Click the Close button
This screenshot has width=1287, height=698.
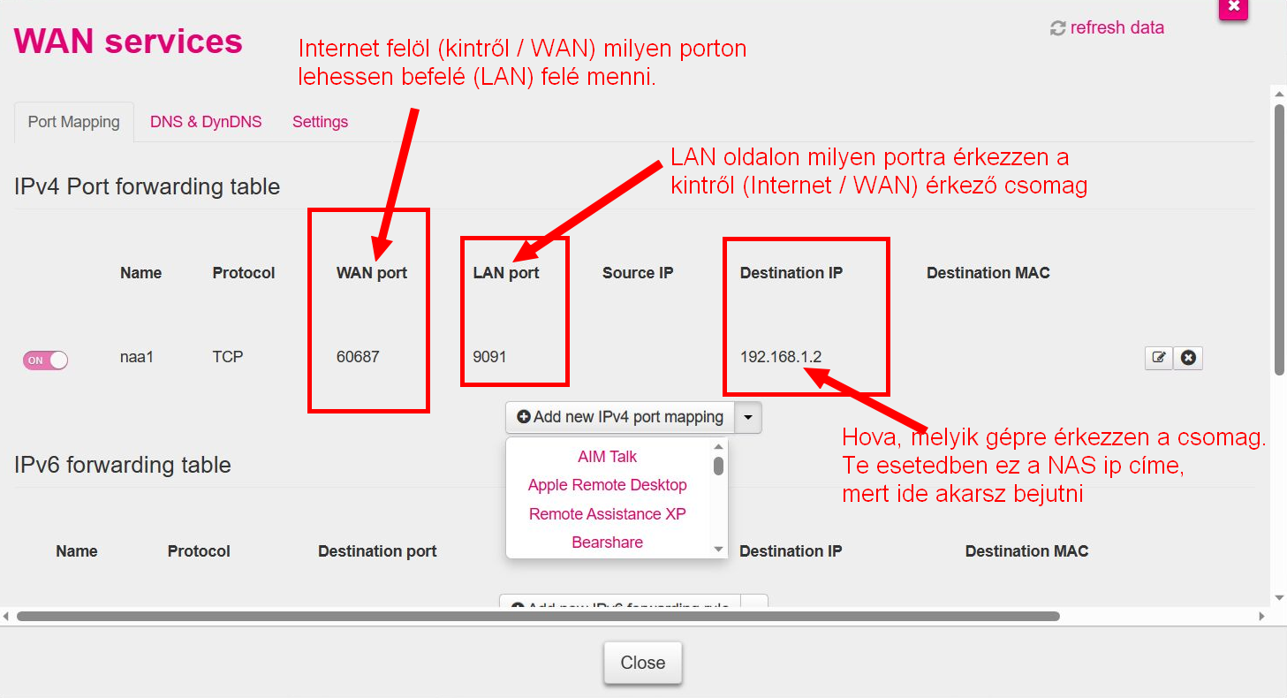pyautogui.click(x=642, y=663)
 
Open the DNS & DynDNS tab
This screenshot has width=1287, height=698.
pyautogui.click(x=206, y=122)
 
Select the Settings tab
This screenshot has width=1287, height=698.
pyautogui.click(x=320, y=122)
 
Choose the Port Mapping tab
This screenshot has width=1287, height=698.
pyautogui.click(x=73, y=122)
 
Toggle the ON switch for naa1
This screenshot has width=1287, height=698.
pyautogui.click(x=46, y=360)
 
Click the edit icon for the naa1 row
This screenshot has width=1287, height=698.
pyautogui.click(x=1158, y=358)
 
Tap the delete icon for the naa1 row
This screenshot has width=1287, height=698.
pyautogui.click(x=1188, y=358)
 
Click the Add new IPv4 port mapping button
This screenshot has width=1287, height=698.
pyautogui.click(x=620, y=417)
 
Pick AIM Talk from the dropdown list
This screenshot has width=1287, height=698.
pyautogui.click(x=607, y=457)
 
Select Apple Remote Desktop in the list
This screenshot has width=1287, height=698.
pyautogui.click(x=607, y=485)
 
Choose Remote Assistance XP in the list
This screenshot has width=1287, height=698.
pyautogui.click(x=607, y=513)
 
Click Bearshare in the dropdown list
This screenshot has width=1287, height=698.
pyautogui.click(x=607, y=542)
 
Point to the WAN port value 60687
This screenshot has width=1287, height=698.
pyautogui.click(x=358, y=357)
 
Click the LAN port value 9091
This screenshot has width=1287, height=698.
pyautogui.click(x=489, y=357)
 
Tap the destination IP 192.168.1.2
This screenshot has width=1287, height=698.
pyautogui.click(x=781, y=357)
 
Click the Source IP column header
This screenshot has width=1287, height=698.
pyautogui.click(x=638, y=273)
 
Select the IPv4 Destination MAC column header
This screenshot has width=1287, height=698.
pyautogui.click(x=988, y=273)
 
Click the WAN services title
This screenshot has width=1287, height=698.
pyautogui.click(x=128, y=42)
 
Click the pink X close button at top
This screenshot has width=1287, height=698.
pyautogui.click(x=1233, y=8)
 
